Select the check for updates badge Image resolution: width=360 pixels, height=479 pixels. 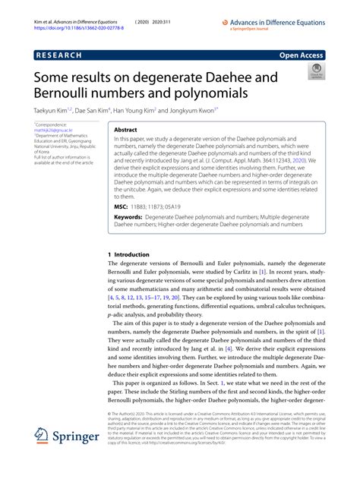point(314,73)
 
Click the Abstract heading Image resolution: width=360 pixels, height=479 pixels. point(125,130)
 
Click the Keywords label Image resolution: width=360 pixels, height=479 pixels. point(128,217)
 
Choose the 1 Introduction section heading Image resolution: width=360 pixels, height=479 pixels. point(128,254)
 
